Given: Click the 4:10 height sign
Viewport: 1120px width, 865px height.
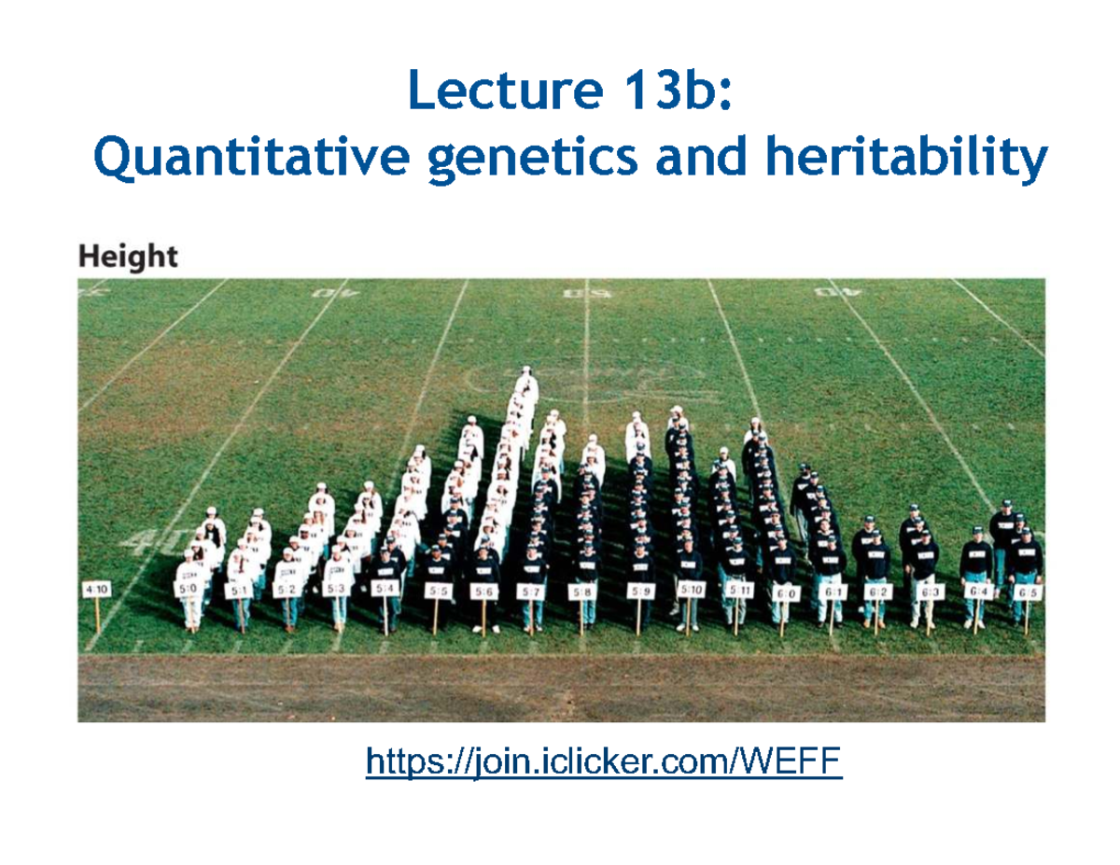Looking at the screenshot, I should click(x=96, y=590).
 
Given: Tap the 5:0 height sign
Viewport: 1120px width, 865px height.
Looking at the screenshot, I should click(x=188, y=590).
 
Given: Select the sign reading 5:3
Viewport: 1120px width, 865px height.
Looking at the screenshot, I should click(x=336, y=590).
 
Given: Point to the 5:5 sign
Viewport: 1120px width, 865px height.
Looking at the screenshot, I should click(x=436, y=591).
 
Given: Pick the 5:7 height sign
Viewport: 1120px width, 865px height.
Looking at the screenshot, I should click(x=532, y=592).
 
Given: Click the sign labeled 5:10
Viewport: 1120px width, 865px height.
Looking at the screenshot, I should click(x=691, y=591).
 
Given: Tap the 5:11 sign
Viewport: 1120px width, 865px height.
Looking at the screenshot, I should click(x=739, y=591).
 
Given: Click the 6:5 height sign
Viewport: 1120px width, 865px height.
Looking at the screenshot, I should click(x=1029, y=592).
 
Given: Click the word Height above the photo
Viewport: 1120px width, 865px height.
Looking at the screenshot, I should click(x=128, y=257).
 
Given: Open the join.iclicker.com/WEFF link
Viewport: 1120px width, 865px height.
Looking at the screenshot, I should click(x=604, y=763).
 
